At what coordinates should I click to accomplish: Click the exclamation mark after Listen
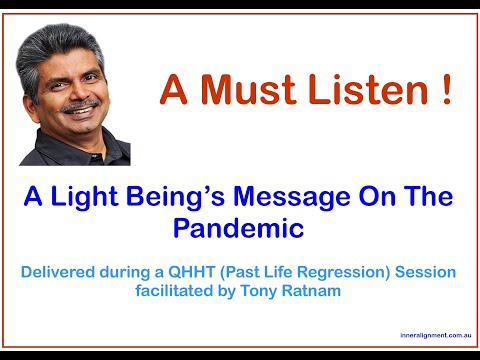click(x=442, y=90)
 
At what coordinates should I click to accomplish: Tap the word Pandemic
click(x=238, y=228)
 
